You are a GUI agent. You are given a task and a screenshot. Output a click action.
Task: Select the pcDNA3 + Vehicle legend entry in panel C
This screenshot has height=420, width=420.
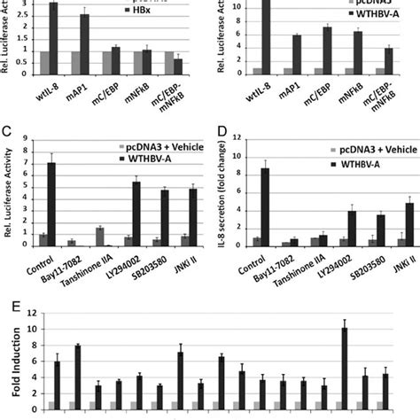tap(154, 144)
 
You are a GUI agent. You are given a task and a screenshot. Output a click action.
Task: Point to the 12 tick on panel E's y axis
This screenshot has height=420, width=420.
tap(29, 314)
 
